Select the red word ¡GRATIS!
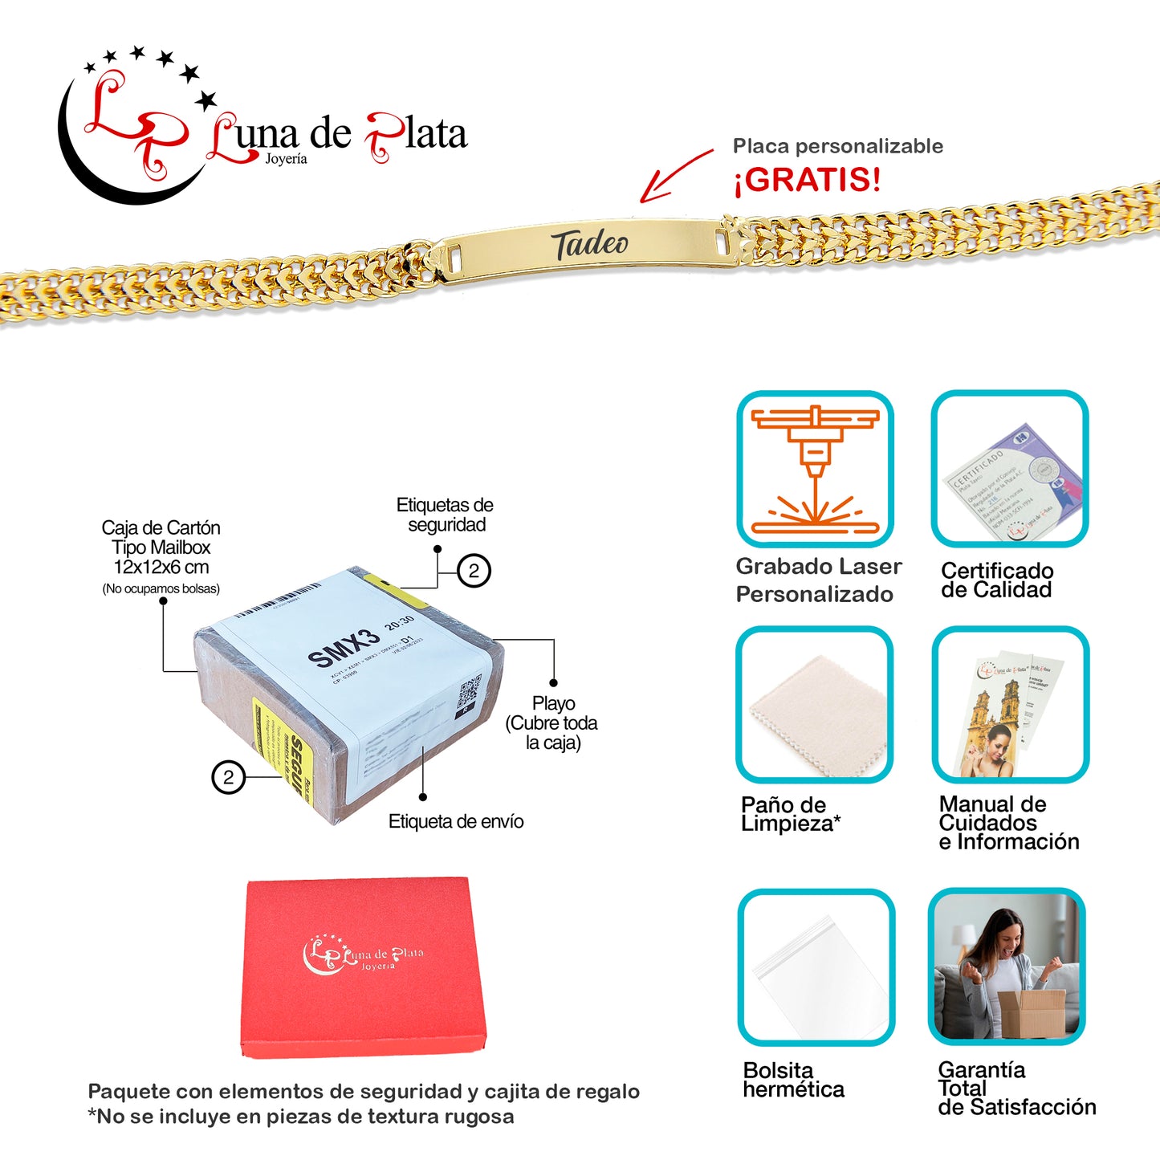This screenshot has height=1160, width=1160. click(807, 180)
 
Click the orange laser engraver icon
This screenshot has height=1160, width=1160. click(815, 470)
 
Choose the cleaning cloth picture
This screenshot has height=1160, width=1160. click(815, 706)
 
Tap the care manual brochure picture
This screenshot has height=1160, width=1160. click(1010, 710)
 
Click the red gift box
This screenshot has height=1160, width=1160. click(365, 967)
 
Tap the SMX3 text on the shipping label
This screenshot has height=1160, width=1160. click(344, 648)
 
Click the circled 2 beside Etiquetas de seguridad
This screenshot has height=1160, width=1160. click(474, 571)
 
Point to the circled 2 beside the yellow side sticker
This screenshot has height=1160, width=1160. click(229, 777)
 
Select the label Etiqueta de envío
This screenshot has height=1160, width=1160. click(456, 821)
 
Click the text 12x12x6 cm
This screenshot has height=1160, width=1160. click(161, 567)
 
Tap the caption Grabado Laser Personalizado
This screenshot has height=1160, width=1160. click(818, 580)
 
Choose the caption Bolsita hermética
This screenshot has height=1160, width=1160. click(793, 1080)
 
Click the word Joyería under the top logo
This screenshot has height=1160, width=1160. click(286, 159)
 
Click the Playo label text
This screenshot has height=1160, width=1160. click(553, 703)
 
